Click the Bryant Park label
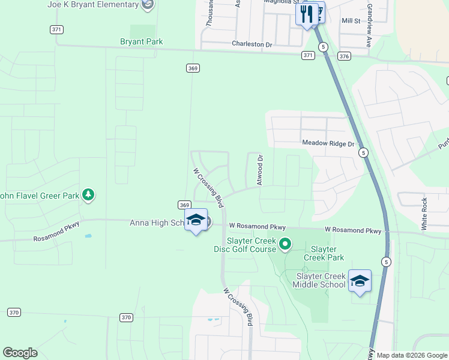coord(142,41)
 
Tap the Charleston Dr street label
coord(252,44)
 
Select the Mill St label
coord(350,20)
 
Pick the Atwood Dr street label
coord(260,170)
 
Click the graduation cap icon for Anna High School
coord(196,220)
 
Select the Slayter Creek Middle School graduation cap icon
coord(360,281)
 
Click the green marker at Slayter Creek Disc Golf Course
coord(286,244)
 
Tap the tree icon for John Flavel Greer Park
coord(88,194)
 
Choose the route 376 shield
coord(344,56)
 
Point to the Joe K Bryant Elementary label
coord(93,5)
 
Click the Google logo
coord(20,353)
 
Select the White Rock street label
coord(424,214)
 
